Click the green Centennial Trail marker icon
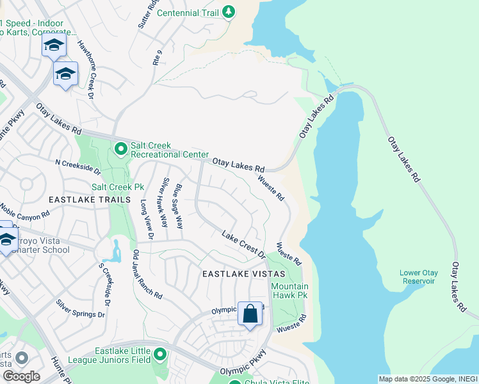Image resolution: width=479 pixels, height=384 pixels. coord(229,12)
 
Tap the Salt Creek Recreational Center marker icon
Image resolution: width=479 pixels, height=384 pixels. coord(120,149)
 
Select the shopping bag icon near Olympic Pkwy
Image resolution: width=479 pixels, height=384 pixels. coord(250,314)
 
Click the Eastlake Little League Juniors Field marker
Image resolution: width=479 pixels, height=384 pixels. coord(159,354)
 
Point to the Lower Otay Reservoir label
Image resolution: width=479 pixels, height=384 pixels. coord(418,276)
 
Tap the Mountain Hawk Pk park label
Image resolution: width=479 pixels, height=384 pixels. coord(289,291)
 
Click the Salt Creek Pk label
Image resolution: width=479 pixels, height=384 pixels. coord(118,187)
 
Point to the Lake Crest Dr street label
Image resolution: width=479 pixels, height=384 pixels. coord(243,244)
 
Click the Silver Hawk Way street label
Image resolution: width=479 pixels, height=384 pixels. coord(165,202)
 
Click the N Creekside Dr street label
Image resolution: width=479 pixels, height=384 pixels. coord(78,168)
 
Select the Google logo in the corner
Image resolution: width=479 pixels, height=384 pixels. coord(20,376)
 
